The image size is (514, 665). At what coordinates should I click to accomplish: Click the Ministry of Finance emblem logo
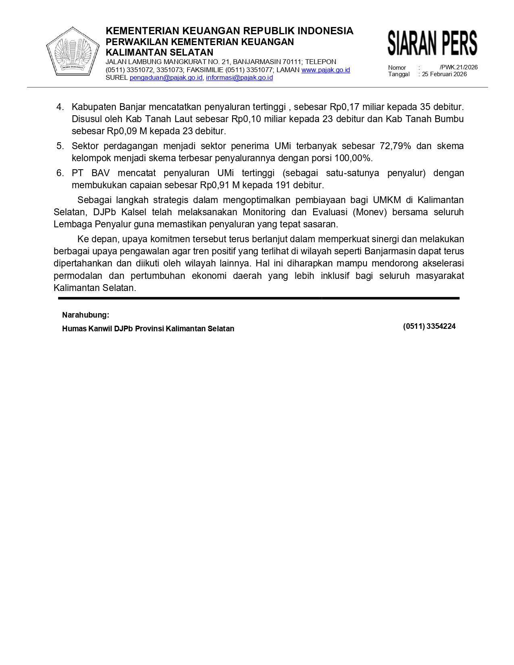[73, 51]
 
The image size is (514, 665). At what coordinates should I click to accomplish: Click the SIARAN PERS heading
[432, 43]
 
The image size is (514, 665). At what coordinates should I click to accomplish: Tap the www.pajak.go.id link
[325, 70]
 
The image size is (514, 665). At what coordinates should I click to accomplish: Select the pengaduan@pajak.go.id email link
[166, 77]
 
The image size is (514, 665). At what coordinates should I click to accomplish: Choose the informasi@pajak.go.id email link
[239, 77]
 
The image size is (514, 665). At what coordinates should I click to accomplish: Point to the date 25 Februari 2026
[444, 74]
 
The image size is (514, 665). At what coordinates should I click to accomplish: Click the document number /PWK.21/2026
[458, 67]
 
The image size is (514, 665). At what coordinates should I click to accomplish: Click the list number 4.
[60, 107]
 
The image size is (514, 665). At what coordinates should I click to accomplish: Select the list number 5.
[60, 146]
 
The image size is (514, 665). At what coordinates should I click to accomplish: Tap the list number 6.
[60, 173]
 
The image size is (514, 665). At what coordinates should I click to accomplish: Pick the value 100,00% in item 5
[353, 158]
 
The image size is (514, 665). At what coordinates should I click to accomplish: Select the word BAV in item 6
[100, 173]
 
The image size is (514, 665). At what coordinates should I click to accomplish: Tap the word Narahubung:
[85, 315]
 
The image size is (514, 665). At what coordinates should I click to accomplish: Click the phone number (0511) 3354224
[429, 326]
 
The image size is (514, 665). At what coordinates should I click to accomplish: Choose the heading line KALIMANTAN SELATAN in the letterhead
[159, 52]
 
